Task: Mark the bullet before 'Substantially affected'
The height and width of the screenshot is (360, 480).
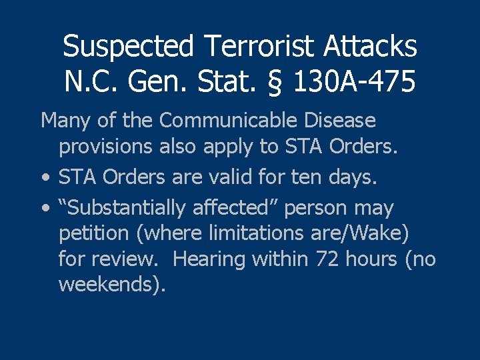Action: [x=44, y=208]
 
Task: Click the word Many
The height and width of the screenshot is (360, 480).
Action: [x=64, y=122]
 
